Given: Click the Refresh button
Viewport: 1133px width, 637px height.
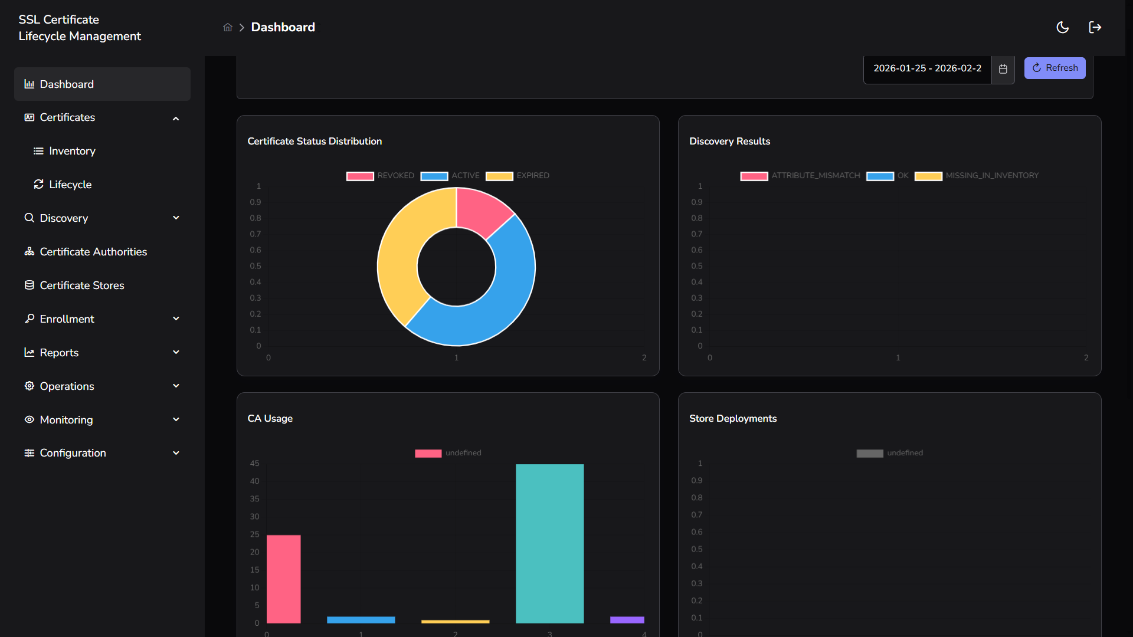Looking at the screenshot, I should [1055, 68].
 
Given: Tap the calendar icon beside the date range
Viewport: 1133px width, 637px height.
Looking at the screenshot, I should [1003, 69].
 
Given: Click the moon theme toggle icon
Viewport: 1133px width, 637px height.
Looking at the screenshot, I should [1062, 28].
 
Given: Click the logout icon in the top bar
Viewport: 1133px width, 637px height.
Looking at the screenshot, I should [1095, 28].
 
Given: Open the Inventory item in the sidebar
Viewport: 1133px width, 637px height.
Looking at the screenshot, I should [72, 151].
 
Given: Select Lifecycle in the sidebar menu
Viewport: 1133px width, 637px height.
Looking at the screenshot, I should [70, 185].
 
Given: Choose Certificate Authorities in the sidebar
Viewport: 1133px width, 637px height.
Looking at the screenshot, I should [93, 252].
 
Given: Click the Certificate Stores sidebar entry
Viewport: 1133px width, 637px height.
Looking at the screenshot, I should [82, 285].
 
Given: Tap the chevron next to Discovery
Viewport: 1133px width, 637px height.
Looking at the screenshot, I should [176, 218].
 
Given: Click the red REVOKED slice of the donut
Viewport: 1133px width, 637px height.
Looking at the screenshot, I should [480, 209].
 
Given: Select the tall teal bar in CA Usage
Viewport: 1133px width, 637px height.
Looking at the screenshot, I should [549, 543].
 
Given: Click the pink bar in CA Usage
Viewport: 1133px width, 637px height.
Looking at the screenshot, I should [283, 578].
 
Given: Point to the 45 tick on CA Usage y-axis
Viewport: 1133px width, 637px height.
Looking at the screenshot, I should [254, 464].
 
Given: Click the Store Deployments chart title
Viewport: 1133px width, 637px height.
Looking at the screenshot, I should [732, 419].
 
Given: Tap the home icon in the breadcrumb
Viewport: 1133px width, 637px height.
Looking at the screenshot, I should [228, 28].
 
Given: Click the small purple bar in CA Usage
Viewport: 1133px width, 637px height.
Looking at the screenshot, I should [627, 620].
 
